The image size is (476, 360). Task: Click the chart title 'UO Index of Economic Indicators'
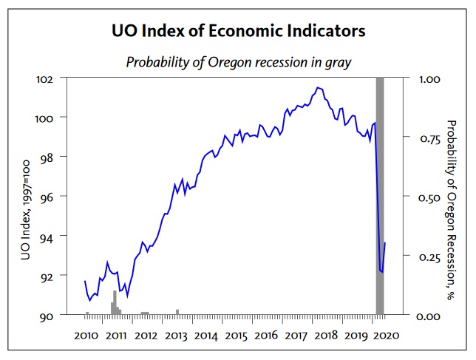point(238,31)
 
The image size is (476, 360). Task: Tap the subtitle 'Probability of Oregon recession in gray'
point(239,63)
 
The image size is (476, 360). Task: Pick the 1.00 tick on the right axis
point(429,80)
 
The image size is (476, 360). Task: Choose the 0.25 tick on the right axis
point(429,257)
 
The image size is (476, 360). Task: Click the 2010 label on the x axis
point(86,336)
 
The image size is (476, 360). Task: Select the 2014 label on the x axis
point(206,336)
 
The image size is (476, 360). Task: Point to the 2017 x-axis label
point(296,336)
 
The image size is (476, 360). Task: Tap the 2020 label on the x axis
point(387,336)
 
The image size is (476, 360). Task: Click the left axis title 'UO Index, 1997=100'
point(25,210)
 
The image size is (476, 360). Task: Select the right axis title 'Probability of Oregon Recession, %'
point(452,210)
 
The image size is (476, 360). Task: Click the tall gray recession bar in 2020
point(380,196)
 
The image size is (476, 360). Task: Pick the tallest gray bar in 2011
point(115,302)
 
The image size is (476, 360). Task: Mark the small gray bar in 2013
point(177,312)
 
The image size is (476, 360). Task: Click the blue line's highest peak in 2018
point(318,88)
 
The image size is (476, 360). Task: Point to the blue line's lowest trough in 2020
point(383,272)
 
